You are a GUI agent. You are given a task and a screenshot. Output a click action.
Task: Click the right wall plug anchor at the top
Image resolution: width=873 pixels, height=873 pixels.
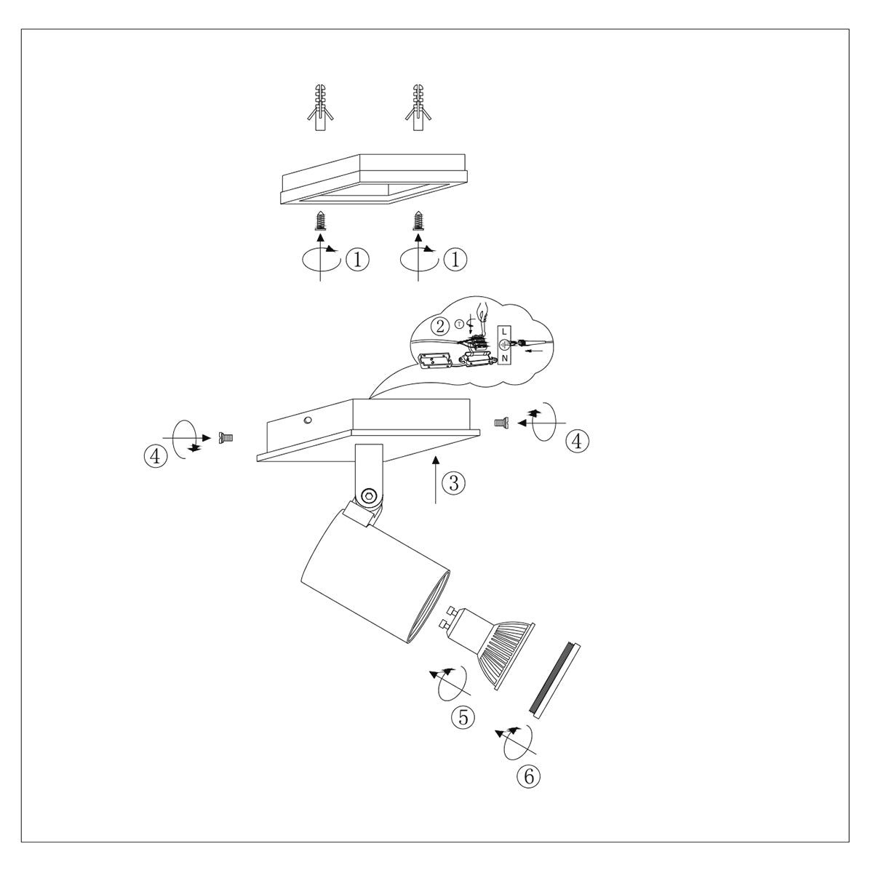point(418,108)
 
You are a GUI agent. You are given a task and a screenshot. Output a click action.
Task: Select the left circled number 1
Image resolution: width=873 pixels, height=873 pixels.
point(357,259)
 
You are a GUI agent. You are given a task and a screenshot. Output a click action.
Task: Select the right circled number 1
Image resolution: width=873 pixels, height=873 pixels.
point(455,259)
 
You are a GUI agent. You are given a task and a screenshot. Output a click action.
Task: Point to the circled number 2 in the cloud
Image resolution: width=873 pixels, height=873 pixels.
point(439,325)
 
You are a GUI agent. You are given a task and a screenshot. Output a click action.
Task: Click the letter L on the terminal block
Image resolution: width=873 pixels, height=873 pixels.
point(505,332)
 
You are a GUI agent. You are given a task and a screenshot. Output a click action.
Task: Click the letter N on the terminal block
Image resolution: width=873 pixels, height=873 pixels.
point(505,357)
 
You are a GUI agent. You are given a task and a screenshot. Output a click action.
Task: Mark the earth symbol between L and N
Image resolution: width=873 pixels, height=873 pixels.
point(504,345)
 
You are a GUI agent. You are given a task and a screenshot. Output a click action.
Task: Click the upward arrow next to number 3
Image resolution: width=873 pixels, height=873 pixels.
point(435,480)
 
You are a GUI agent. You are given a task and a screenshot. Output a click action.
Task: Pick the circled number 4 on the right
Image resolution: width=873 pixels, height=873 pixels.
point(578,440)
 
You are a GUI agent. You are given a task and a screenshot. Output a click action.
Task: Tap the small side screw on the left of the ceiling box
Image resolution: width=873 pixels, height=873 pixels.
point(226,437)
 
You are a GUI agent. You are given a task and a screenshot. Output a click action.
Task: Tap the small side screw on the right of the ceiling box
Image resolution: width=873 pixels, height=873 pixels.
point(501,421)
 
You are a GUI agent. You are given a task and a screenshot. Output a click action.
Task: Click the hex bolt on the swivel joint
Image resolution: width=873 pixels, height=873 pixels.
point(369,497)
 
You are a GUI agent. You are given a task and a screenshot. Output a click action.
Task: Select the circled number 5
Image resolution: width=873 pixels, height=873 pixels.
point(463,717)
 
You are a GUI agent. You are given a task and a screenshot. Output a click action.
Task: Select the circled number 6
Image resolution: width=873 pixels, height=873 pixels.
point(529,776)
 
